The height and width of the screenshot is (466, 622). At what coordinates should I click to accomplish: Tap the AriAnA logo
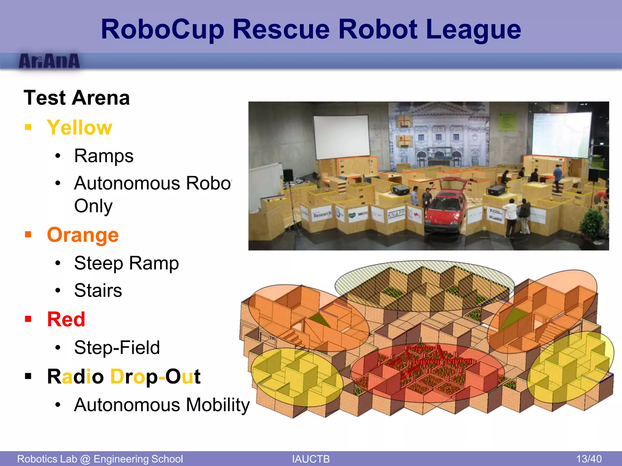click(x=49, y=61)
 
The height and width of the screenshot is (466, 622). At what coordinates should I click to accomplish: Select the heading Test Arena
click(x=77, y=98)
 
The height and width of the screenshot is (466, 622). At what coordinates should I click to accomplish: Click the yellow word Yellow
click(x=80, y=127)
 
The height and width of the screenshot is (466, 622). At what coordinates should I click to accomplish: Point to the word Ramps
click(x=104, y=156)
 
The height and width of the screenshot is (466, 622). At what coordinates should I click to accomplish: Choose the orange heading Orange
click(x=83, y=235)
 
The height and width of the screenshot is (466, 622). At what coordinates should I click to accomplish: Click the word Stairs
click(x=98, y=290)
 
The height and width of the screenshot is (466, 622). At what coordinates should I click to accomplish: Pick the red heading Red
click(x=66, y=319)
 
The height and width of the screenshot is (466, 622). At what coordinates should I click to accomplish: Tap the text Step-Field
click(x=117, y=347)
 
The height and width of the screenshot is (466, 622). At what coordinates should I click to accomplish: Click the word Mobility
click(x=218, y=405)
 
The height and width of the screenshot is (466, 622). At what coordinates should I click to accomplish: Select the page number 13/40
click(x=589, y=459)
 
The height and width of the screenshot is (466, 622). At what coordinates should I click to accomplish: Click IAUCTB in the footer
click(x=311, y=459)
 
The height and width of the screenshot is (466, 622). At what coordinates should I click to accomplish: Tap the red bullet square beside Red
click(x=28, y=319)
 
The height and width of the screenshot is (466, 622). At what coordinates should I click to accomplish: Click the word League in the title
click(x=473, y=29)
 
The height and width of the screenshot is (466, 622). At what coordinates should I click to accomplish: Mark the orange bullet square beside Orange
click(x=28, y=235)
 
